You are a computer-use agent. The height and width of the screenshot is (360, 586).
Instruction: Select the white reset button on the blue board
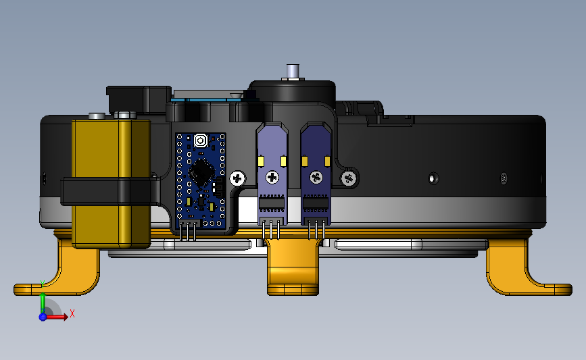point(201,140)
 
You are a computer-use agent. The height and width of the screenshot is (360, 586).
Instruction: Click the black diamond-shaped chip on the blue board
point(201,172)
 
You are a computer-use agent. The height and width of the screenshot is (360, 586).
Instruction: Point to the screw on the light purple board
point(272,177)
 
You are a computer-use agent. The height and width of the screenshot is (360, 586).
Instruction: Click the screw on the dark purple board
point(316,178)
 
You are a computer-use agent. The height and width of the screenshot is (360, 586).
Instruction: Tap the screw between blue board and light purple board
point(237,178)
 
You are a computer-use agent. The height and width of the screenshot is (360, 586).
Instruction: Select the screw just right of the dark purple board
point(349,178)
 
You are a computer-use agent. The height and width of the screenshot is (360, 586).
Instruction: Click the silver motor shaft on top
point(292,72)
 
